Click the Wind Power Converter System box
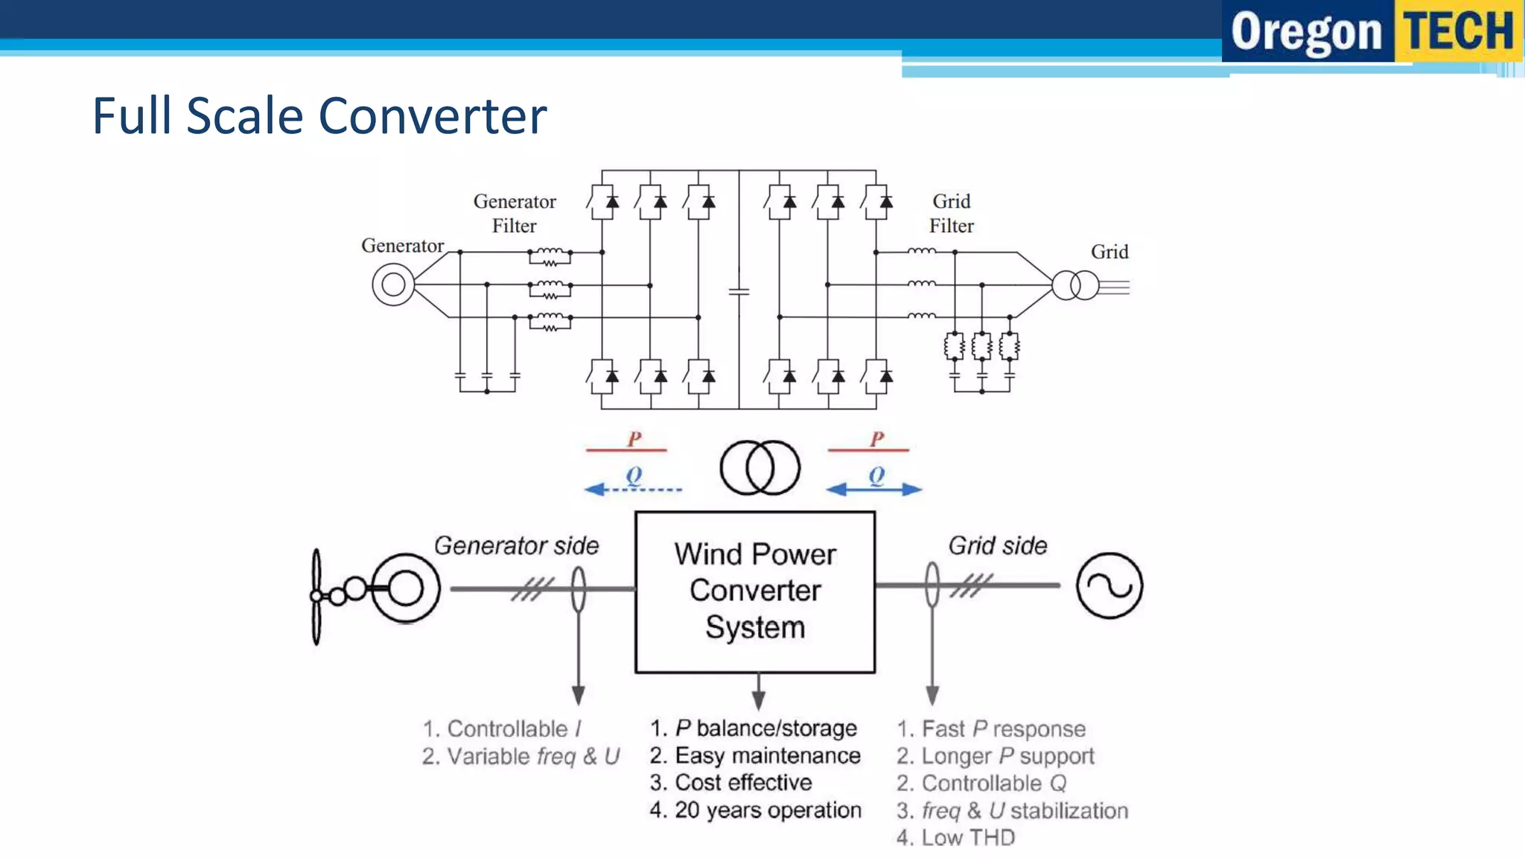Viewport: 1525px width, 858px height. click(x=754, y=592)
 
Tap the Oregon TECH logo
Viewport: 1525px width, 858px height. click(x=1372, y=31)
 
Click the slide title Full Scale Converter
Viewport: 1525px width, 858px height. click(x=319, y=116)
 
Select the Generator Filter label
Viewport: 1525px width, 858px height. click(x=515, y=214)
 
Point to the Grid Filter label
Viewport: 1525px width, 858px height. click(x=951, y=214)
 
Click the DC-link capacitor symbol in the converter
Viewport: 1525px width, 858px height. click(x=739, y=291)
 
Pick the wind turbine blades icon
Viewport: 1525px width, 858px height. click(x=316, y=597)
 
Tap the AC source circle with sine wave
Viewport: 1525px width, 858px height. click(x=1109, y=585)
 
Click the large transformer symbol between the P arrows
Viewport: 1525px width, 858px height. click(x=760, y=468)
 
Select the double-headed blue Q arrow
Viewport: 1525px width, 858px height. click(x=874, y=489)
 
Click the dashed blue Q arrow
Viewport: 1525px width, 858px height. click(x=633, y=489)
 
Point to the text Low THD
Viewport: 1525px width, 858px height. click(x=956, y=838)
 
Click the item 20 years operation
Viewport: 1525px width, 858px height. click(x=756, y=810)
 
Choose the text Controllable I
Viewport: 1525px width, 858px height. click(x=503, y=728)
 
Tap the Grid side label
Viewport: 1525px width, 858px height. click(x=997, y=546)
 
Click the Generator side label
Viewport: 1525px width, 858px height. click(x=516, y=546)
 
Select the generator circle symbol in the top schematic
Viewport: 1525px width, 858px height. click(x=393, y=285)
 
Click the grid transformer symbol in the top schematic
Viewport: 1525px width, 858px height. click(x=1074, y=285)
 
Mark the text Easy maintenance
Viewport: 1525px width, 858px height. click(x=756, y=756)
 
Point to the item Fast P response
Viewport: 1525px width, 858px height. click(x=992, y=728)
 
